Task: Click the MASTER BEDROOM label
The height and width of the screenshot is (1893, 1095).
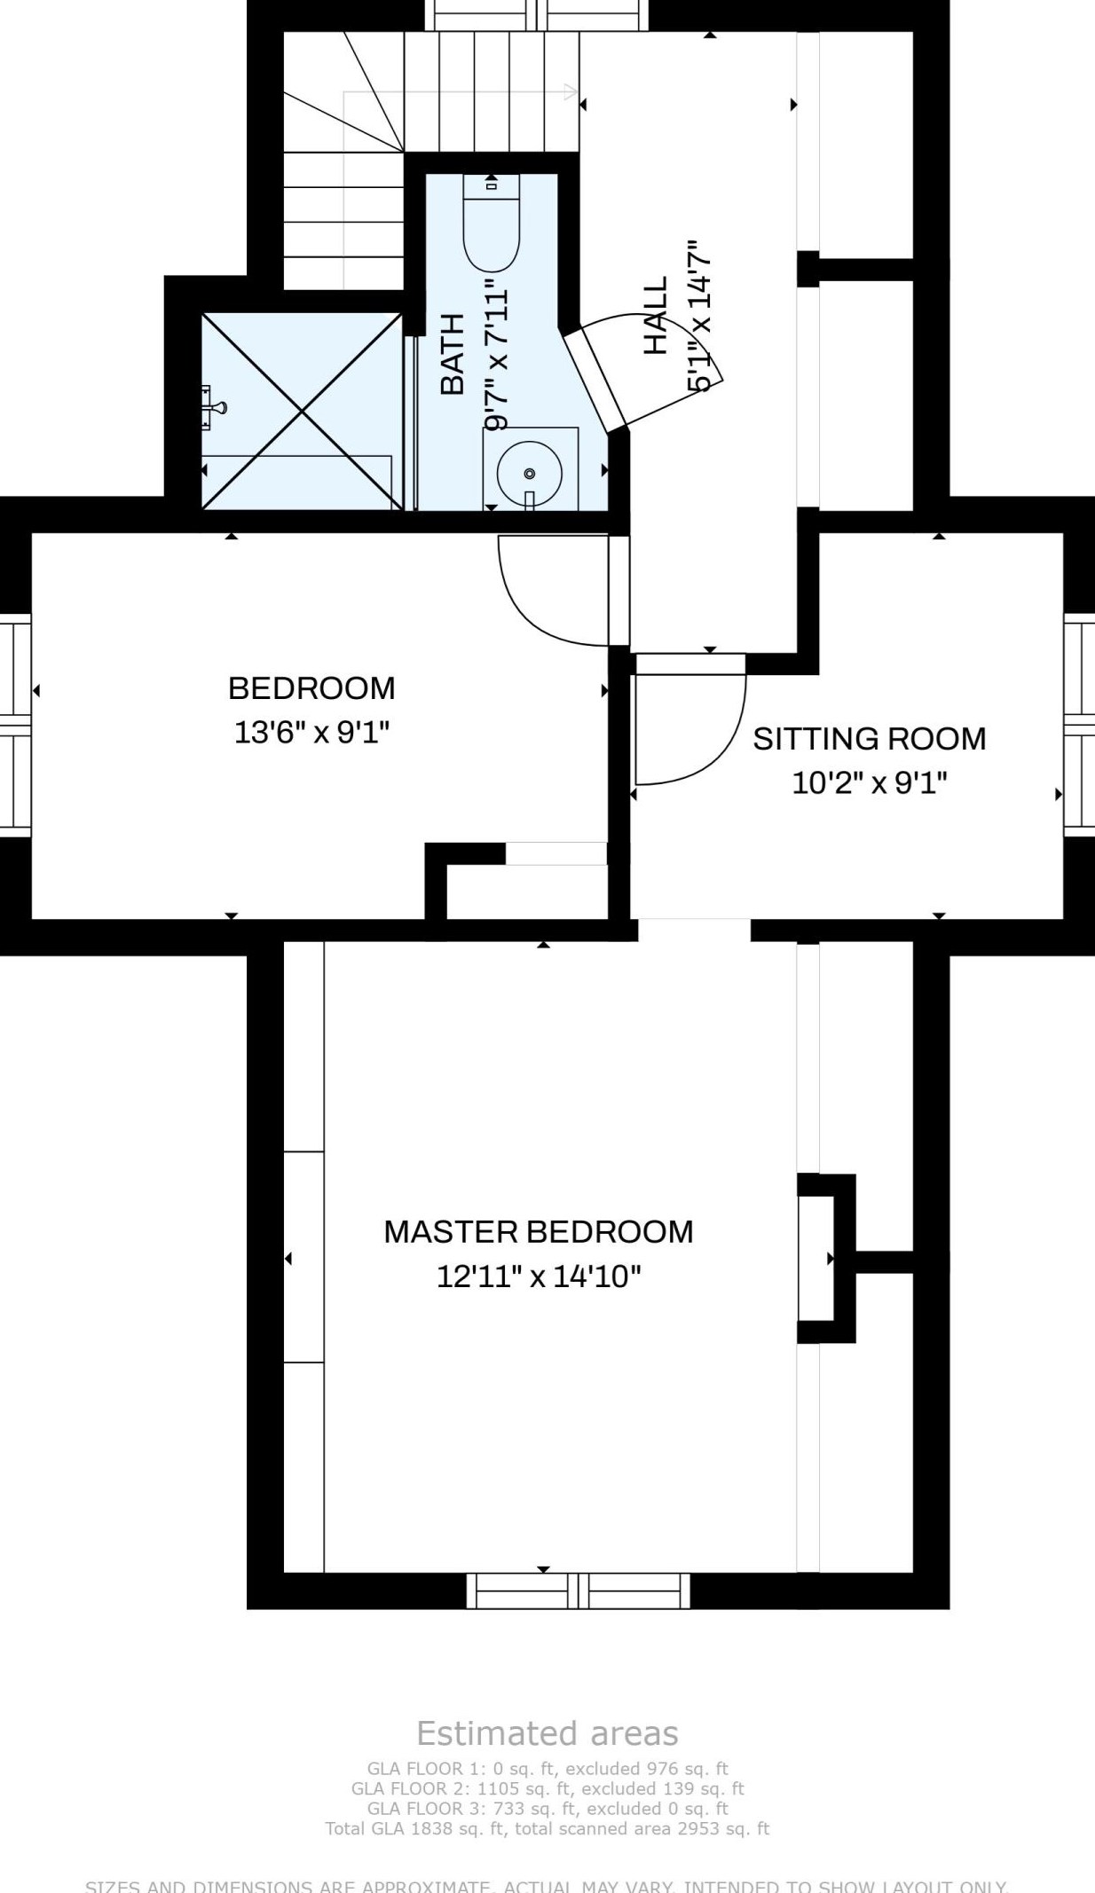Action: (x=538, y=1231)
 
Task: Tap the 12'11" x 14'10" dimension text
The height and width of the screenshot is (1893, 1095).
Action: (x=538, y=1276)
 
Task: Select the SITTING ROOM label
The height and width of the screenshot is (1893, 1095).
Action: (x=869, y=738)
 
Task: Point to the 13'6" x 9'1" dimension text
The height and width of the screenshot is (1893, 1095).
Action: (x=311, y=733)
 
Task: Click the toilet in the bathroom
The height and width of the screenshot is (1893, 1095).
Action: (x=491, y=227)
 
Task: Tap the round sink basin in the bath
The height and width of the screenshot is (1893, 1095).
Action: (x=529, y=472)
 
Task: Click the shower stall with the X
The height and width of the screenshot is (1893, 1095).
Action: (x=302, y=411)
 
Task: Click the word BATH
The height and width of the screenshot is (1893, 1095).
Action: (x=453, y=354)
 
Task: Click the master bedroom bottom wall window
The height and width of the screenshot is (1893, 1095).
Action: (x=578, y=1590)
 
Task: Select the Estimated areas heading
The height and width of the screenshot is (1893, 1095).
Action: (x=547, y=1732)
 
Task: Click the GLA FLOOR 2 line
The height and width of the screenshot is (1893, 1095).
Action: (x=547, y=1788)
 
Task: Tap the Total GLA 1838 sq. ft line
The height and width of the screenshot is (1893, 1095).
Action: (x=547, y=1828)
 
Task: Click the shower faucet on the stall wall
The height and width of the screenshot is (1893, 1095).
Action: (x=213, y=408)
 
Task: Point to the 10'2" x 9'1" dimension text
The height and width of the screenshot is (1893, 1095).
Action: (x=869, y=783)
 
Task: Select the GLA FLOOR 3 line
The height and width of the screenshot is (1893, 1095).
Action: (x=547, y=1808)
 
